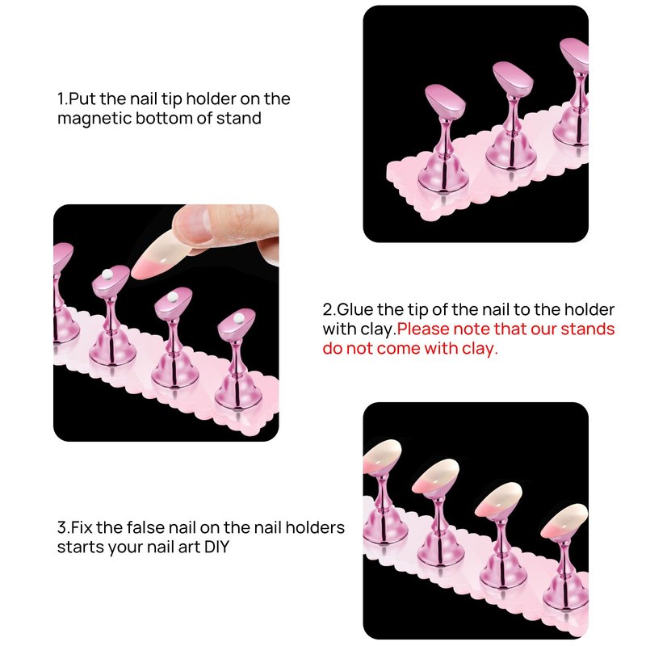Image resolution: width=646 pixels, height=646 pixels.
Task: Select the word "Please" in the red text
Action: (x=422, y=329)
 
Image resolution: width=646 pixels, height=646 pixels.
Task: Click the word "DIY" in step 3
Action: (x=216, y=547)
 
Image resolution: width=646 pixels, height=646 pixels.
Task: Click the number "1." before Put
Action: (x=62, y=99)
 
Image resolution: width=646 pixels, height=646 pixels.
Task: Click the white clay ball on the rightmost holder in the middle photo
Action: (x=238, y=317)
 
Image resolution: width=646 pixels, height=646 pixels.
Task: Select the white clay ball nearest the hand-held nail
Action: (x=107, y=275)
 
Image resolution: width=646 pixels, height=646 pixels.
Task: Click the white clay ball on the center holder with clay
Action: (x=173, y=296)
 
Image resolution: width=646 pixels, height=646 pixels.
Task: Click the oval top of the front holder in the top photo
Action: (x=445, y=103)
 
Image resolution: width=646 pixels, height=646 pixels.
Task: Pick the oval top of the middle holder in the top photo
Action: (x=513, y=79)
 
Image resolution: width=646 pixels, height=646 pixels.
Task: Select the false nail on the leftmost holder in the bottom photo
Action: (x=381, y=456)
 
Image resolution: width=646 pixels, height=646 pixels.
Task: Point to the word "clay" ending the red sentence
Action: (x=478, y=349)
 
